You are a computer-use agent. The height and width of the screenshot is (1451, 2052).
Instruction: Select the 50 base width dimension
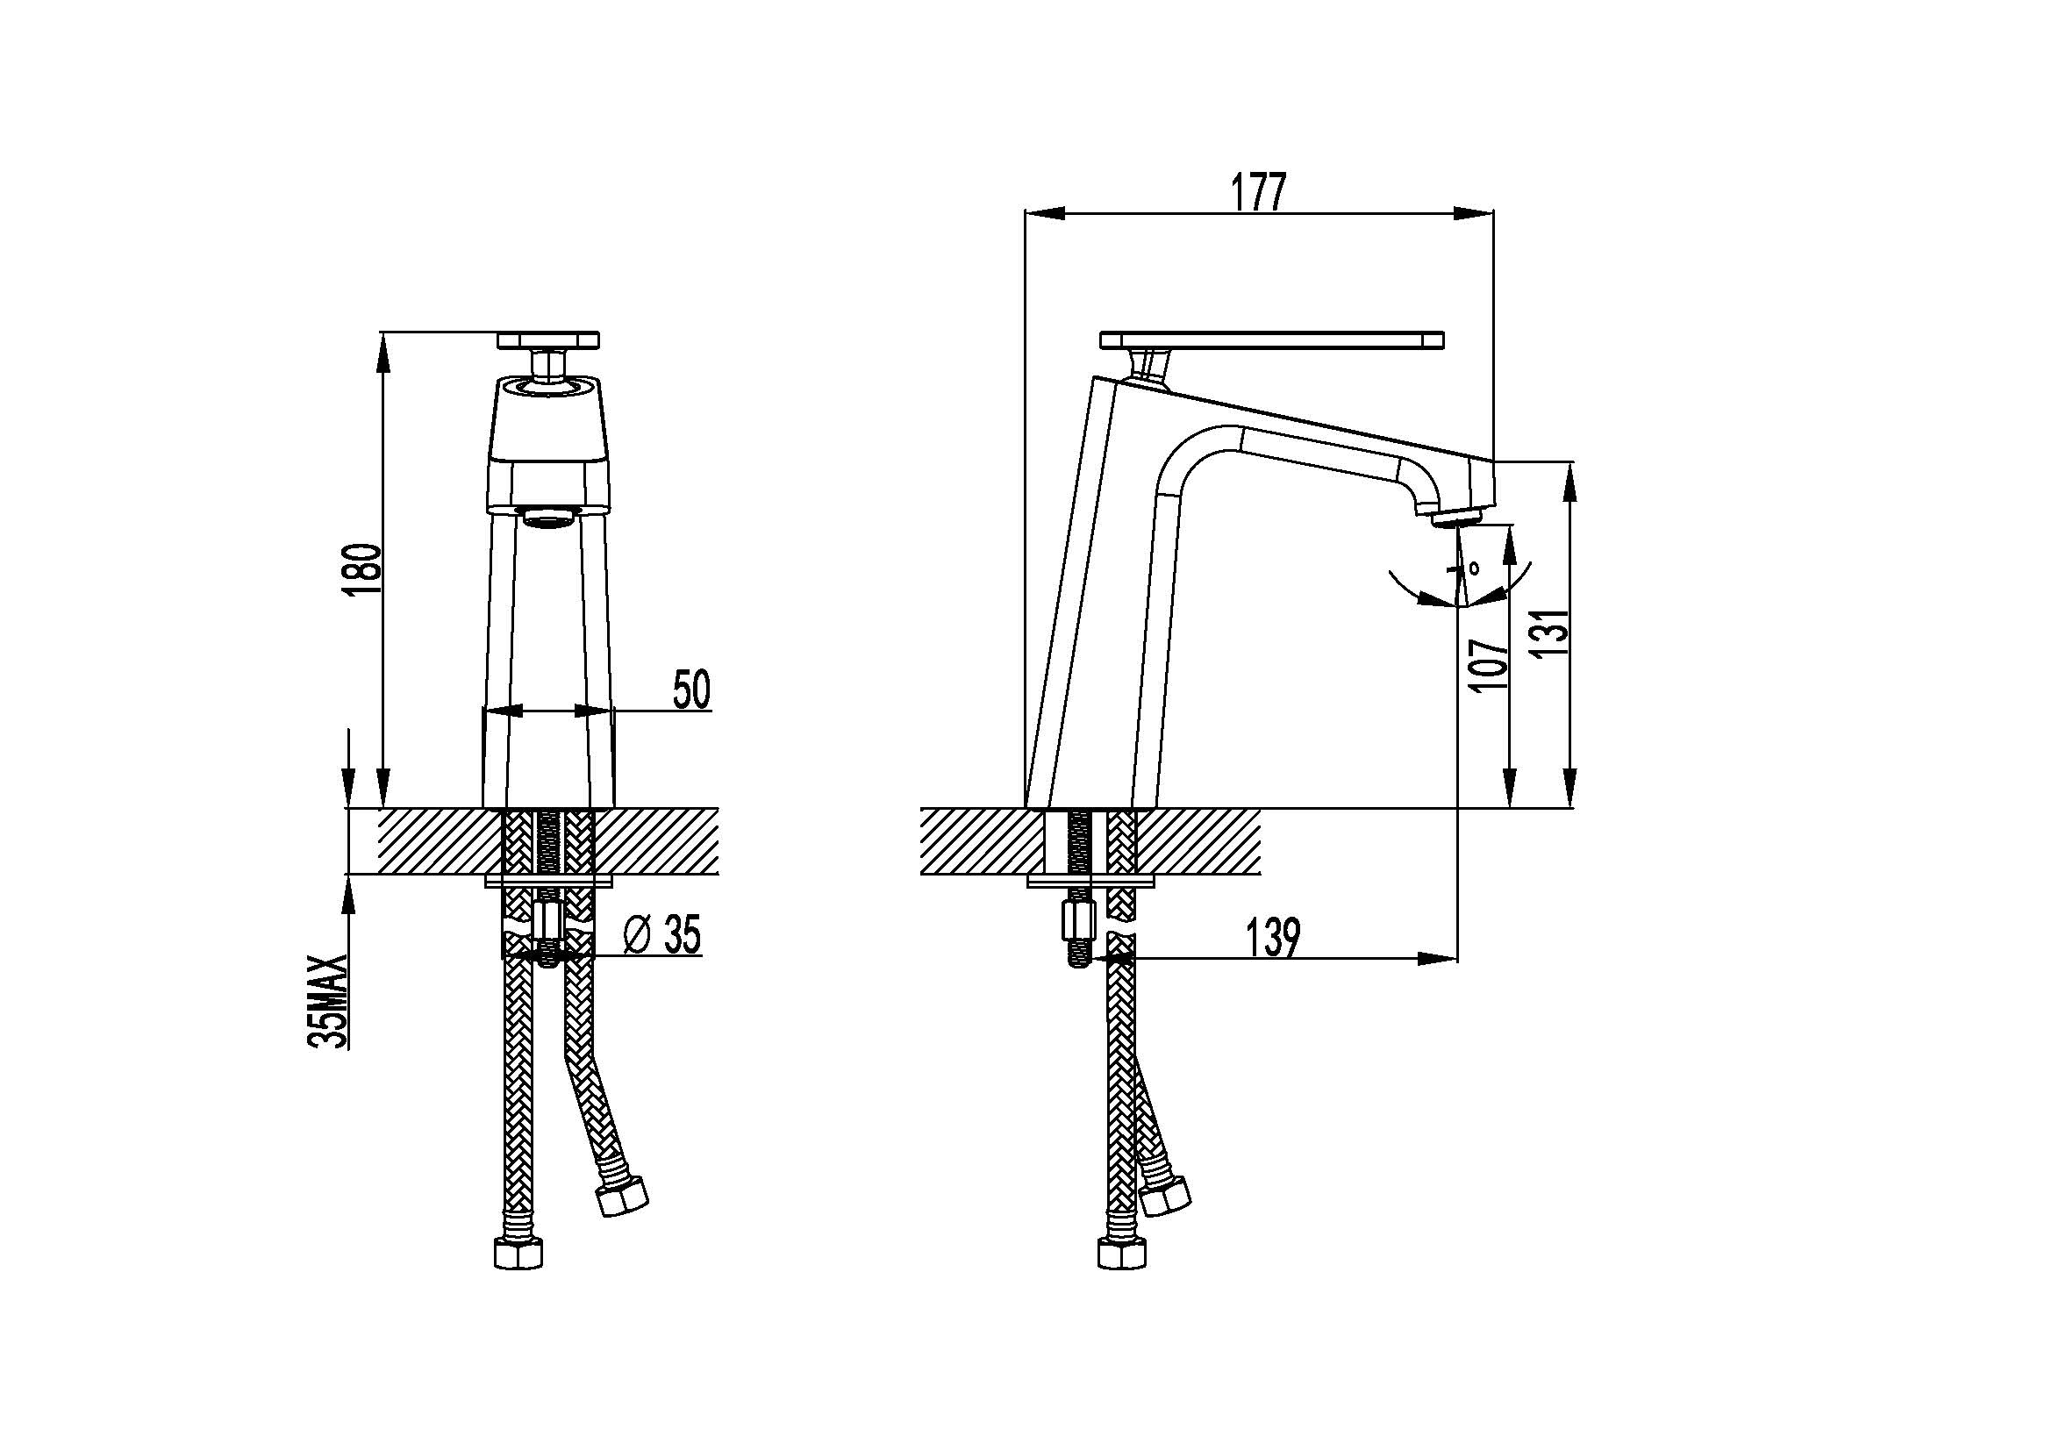(x=690, y=690)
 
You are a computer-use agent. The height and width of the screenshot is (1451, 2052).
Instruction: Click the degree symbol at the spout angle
(x=1473, y=566)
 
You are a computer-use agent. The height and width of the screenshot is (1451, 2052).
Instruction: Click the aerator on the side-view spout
(x=1458, y=518)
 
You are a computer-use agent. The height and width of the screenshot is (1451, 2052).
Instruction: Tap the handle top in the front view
(x=547, y=340)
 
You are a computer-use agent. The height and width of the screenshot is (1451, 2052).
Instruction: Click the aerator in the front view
(x=551, y=518)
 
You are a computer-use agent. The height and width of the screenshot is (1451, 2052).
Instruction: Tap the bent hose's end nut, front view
(x=622, y=1196)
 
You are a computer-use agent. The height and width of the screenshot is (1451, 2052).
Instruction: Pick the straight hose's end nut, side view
(x=1122, y=1254)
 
